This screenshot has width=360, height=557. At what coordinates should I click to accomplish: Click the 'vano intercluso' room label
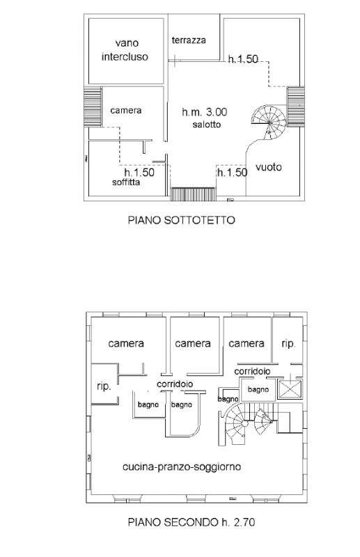pyautogui.click(x=125, y=50)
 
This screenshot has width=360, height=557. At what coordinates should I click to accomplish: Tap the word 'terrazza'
pyautogui.click(x=189, y=40)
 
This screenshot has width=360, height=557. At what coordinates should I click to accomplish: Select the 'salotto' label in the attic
pyautogui.click(x=207, y=125)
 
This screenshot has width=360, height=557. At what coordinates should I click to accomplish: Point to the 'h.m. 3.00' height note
pyautogui.click(x=204, y=112)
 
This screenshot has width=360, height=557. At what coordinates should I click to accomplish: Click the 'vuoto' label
pyautogui.click(x=269, y=167)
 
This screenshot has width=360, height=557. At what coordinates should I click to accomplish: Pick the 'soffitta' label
pyautogui.click(x=126, y=182)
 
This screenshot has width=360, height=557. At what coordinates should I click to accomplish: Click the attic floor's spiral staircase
pyautogui.click(x=269, y=123)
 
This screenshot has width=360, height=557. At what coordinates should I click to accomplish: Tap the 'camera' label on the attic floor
pyautogui.click(x=126, y=111)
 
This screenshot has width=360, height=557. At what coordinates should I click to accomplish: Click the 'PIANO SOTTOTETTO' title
pyautogui.click(x=181, y=220)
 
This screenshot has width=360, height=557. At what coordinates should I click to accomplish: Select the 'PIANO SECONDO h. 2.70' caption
pyautogui.click(x=191, y=522)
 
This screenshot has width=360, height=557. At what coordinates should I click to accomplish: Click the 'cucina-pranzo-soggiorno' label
pyautogui.click(x=182, y=466)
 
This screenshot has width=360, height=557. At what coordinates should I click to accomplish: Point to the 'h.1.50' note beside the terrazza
pyautogui.click(x=243, y=59)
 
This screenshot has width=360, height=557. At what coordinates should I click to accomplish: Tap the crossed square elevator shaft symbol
pyautogui.click(x=290, y=389)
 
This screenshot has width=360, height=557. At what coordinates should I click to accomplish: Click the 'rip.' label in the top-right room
pyautogui.click(x=288, y=344)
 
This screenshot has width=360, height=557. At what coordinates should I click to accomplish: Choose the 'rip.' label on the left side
pyautogui.click(x=104, y=386)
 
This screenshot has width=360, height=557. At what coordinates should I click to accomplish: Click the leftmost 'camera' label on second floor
pyautogui.click(x=126, y=343)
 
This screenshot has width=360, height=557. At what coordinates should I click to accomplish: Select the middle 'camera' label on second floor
pyautogui.click(x=193, y=343)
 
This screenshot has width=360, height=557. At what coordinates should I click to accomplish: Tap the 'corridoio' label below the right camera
pyautogui.click(x=252, y=371)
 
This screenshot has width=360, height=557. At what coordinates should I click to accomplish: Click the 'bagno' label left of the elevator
pyautogui.click(x=258, y=390)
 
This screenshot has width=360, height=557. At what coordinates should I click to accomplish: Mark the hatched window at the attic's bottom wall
pyautogui.click(x=194, y=194)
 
